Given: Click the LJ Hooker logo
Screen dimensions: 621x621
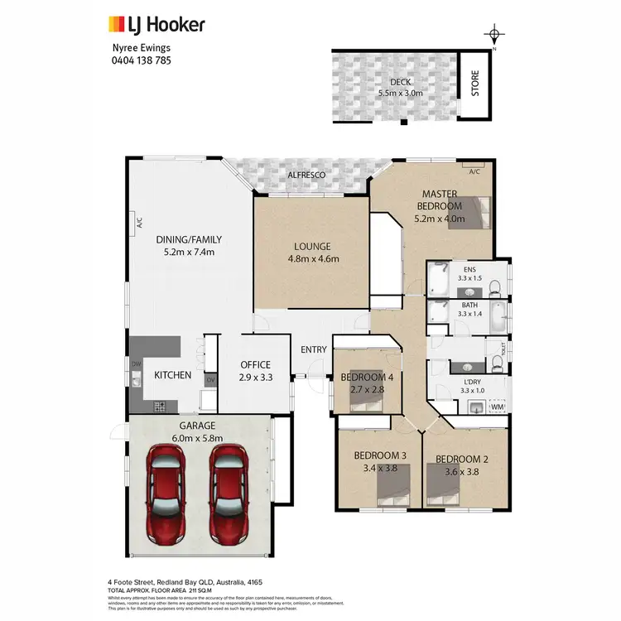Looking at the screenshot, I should [156, 25].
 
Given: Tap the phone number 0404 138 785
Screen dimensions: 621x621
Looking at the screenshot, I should [142, 60].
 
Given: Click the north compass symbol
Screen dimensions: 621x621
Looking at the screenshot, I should [493, 36].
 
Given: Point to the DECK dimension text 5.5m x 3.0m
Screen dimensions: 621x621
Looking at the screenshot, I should [401, 94].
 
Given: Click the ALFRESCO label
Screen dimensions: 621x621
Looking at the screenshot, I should [306, 176].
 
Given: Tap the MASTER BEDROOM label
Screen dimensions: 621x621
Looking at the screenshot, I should [439, 200].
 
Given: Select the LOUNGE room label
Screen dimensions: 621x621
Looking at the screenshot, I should [311, 246].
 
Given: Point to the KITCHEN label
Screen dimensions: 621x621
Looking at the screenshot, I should [173, 375].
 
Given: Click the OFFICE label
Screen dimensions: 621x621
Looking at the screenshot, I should [255, 365].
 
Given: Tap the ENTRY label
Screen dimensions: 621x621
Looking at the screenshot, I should [314, 349].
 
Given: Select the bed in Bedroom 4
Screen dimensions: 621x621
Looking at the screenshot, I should [364, 400].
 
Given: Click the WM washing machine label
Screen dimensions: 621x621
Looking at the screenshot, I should [497, 407].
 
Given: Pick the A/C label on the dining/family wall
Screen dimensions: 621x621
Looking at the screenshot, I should [140, 223].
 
